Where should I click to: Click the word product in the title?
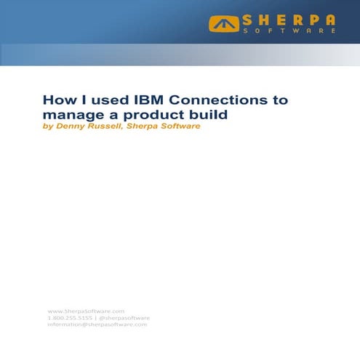(x=140, y=114)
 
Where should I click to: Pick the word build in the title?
(x=188, y=114)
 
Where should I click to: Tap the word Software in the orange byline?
(x=183, y=127)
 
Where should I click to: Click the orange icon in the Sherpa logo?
(x=223, y=24)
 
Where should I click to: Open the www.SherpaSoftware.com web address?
(x=86, y=311)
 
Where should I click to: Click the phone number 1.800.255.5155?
(x=69, y=318)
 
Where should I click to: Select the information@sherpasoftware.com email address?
(x=97, y=324)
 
